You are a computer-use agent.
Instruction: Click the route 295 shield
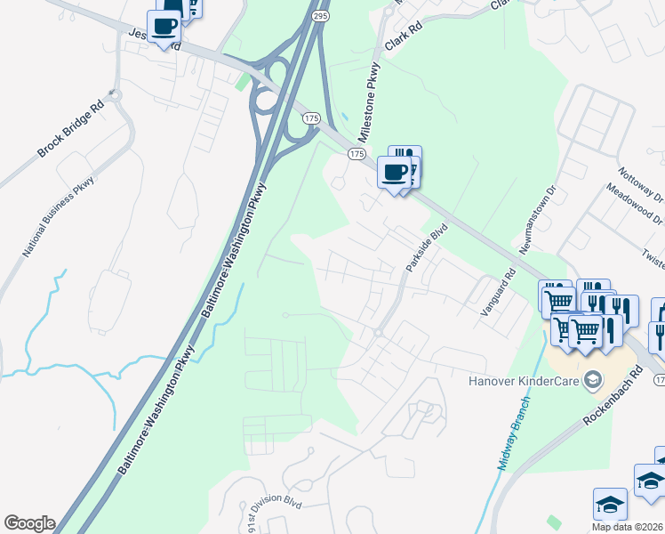coord(321,16)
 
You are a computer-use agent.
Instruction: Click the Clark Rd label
coord(401,39)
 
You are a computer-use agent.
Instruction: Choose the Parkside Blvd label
coord(425,248)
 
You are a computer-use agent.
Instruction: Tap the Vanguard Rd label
coord(498,299)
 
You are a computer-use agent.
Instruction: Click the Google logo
coord(29,523)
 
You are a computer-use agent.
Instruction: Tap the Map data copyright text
coord(628,527)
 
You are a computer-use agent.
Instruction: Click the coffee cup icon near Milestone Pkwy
coord(393,172)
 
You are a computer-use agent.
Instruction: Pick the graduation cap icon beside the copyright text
coord(609,503)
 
